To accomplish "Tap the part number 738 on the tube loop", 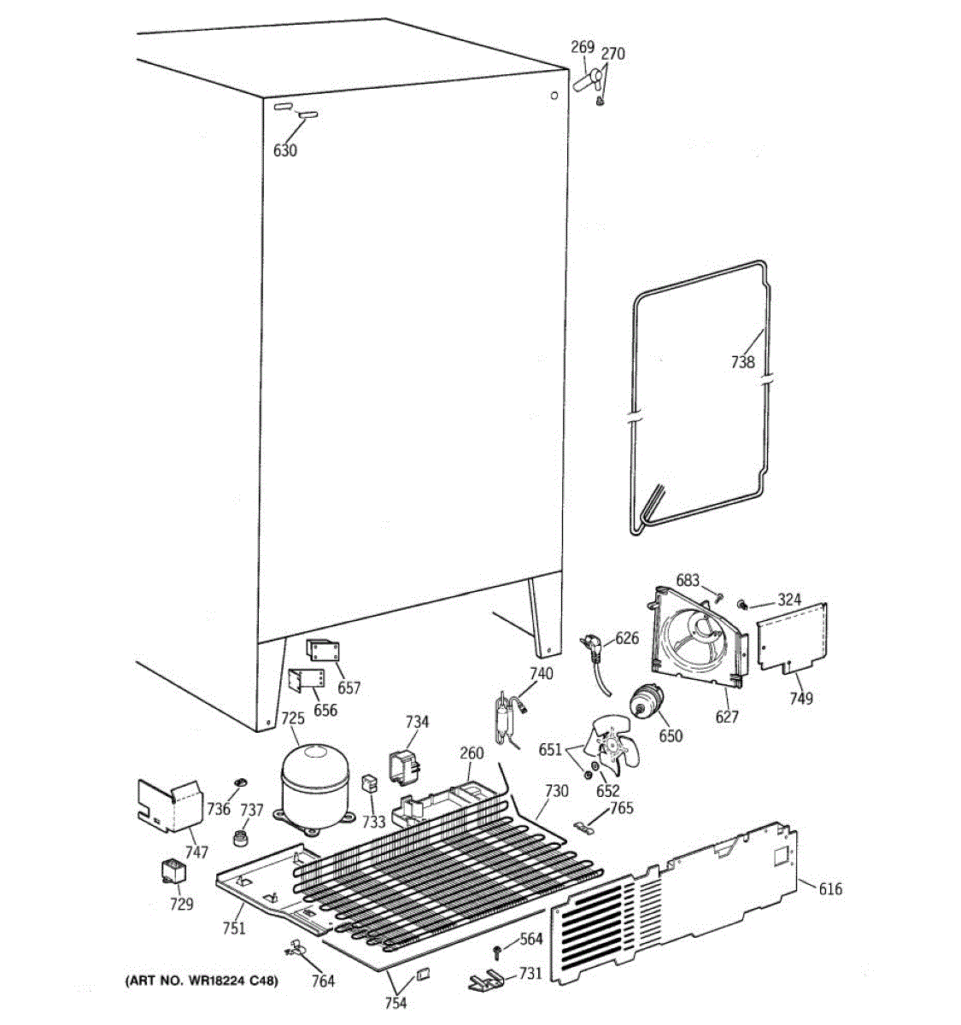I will point(742,362).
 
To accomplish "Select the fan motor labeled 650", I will point(648,703).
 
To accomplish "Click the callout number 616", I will point(829,889).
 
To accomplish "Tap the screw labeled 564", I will point(498,951).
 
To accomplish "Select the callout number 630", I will point(284,150).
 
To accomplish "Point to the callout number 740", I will point(541,674).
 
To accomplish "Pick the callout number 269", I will point(583,48).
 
